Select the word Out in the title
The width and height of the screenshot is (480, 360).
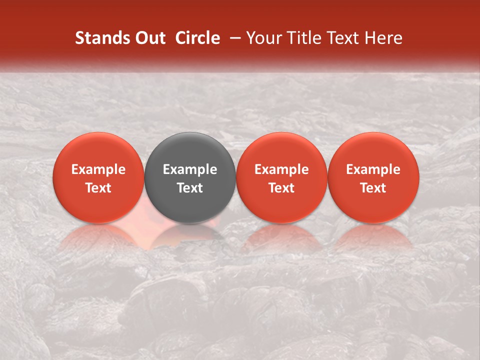click(x=149, y=38)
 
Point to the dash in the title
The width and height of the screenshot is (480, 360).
click(x=233, y=38)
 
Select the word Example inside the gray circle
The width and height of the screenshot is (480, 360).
click(x=190, y=169)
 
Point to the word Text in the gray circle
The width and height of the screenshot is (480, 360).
click(x=190, y=188)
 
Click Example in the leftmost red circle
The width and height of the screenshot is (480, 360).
click(x=98, y=169)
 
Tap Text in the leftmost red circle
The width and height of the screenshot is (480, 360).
click(x=98, y=188)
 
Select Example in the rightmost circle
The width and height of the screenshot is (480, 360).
click(x=373, y=169)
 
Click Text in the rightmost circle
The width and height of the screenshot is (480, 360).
click(x=373, y=188)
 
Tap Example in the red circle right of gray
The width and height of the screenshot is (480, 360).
click(x=281, y=169)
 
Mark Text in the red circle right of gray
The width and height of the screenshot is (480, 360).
click(x=281, y=188)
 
